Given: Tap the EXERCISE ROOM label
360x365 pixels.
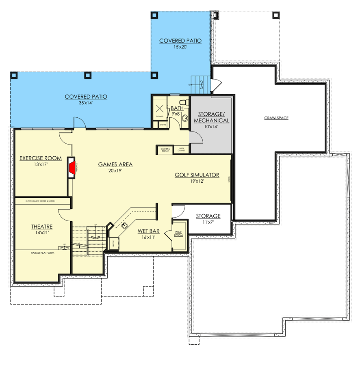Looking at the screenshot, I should (41, 158).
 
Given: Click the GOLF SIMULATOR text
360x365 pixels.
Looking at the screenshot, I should (197, 175).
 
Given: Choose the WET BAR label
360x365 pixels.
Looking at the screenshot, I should (148, 231).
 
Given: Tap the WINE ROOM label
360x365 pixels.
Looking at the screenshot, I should (179, 234).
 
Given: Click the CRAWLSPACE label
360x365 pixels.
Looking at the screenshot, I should (276, 118).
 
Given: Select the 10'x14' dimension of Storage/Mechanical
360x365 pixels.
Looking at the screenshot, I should (211, 127).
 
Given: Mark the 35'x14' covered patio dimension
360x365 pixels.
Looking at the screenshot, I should (86, 103).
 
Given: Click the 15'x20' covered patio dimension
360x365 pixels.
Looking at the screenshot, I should (180, 47).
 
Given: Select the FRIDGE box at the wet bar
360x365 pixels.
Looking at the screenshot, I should (113, 244).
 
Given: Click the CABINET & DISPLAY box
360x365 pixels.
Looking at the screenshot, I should (165, 150).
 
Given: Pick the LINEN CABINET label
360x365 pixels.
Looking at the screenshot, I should (181, 150).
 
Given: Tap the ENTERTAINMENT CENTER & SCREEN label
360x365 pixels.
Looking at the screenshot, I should (40, 201).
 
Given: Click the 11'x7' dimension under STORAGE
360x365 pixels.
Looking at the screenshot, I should (208, 222).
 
